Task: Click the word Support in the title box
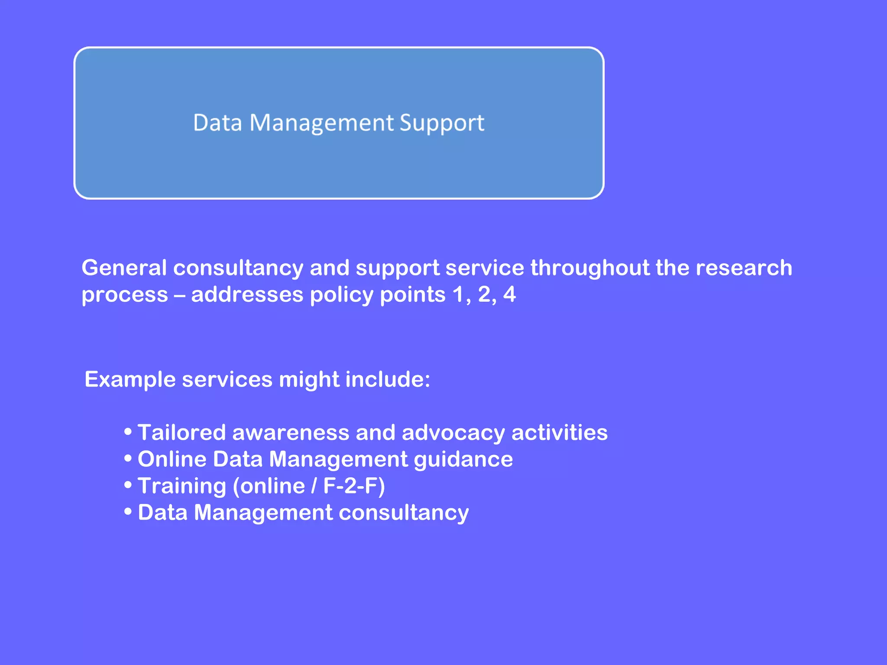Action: [x=441, y=123]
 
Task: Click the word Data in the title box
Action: [x=217, y=123]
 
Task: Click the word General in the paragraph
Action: [x=124, y=268]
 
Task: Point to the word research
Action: [x=744, y=268]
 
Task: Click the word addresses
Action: [x=247, y=294]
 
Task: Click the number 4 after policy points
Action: [x=509, y=294]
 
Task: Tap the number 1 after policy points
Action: [x=459, y=294]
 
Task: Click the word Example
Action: [x=130, y=380]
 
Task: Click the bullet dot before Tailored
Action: [x=128, y=431]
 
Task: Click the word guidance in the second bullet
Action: [x=463, y=459]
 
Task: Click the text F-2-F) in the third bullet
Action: [x=354, y=486]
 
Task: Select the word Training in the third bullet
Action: [x=182, y=486]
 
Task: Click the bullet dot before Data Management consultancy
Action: [x=128, y=511]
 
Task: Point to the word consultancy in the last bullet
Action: [x=404, y=513]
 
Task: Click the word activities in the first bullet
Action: [x=560, y=433]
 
